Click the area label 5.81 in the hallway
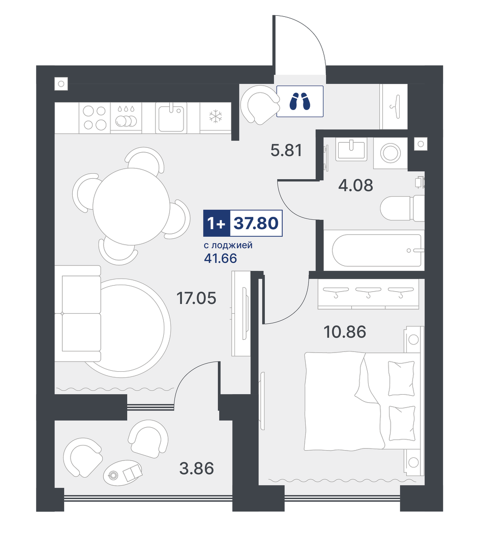(286, 151)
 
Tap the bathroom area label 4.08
(355, 185)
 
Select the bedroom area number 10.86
(345, 332)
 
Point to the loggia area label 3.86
(196, 469)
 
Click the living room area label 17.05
(196, 298)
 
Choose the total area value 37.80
(256, 223)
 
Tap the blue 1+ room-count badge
(217, 223)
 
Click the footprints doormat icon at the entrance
(300, 101)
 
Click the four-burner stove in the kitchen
(95, 118)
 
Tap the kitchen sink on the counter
(171, 118)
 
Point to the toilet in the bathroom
(402, 209)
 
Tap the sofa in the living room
(81, 313)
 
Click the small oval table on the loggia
(123, 473)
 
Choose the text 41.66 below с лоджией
(220, 259)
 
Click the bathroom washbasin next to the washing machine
(351, 150)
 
